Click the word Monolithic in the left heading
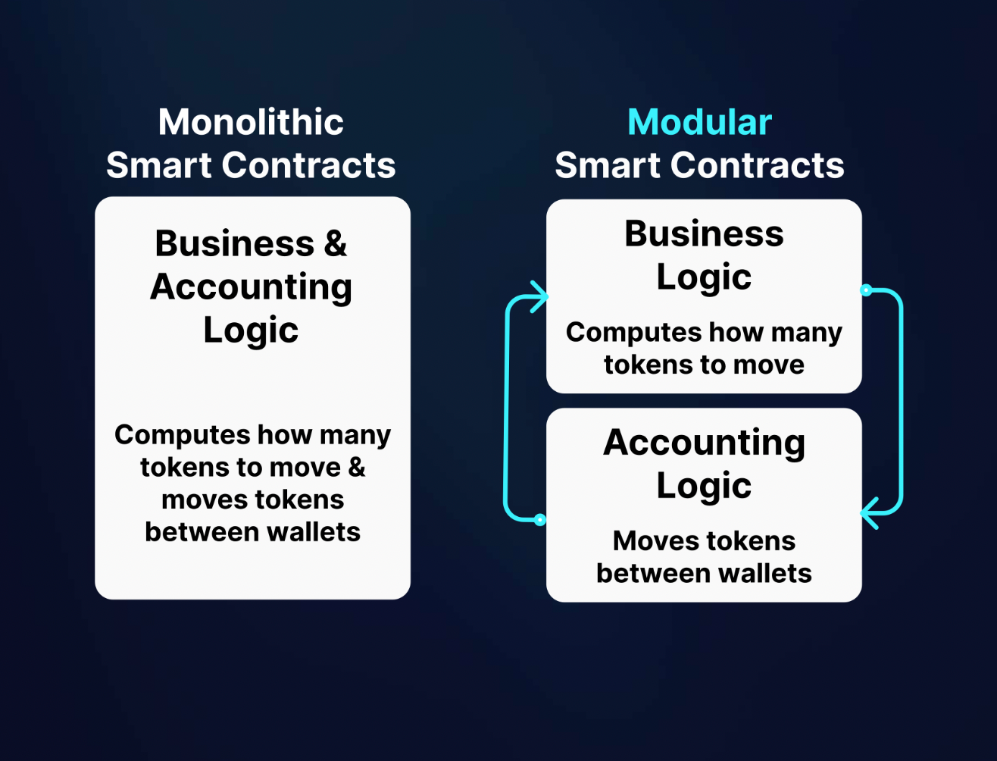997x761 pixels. (251, 122)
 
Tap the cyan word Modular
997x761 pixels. (699, 122)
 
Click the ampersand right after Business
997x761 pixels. (335, 244)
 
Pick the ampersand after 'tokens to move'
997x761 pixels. (357, 467)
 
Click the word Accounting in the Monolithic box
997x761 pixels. (251, 287)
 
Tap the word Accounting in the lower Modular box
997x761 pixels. (704, 443)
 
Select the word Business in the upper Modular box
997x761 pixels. (704, 233)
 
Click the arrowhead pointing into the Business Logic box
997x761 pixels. (539, 296)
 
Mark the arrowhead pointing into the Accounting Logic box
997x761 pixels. (869, 513)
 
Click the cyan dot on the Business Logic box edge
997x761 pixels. (866, 290)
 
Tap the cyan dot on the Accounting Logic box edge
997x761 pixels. (540, 520)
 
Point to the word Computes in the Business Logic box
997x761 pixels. (623, 333)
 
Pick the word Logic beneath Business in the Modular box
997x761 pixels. (704, 277)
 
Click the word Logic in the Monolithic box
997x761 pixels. (251, 330)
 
